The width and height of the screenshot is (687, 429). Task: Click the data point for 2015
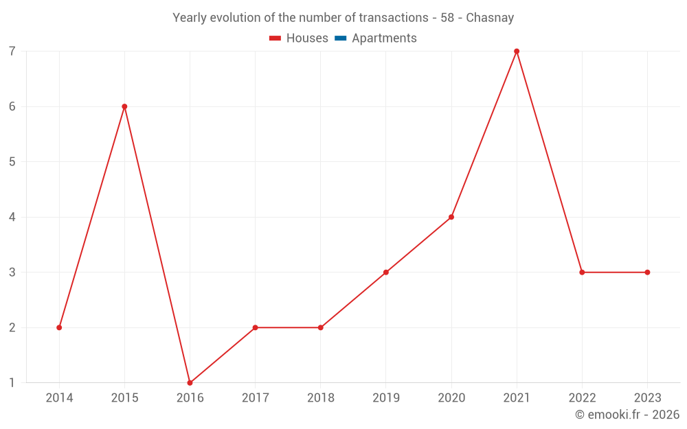pyautogui.click(x=124, y=106)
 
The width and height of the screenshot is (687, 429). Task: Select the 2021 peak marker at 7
pyautogui.click(x=517, y=51)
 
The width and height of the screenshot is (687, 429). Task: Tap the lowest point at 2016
pyautogui.click(x=190, y=383)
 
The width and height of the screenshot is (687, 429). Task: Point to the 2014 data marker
pyautogui.click(x=59, y=327)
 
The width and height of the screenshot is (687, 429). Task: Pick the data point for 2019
pyautogui.click(x=386, y=273)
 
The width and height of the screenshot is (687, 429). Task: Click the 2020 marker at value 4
pyautogui.click(x=451, y=217)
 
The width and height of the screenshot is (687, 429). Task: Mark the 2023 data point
pyautogui.click(x=647, y=273)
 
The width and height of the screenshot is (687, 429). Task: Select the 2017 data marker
pyautogui.click(x=255, y=327)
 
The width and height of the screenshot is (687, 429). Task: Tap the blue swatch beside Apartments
pyautogui.click(x=341, y=38)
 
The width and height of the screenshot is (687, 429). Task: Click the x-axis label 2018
pyautogui.click(x=320, y=398)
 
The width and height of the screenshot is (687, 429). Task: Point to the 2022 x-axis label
pyautogui.click(x=582, y=398)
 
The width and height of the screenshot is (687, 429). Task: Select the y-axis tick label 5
pyautogui.click(x=12, y=162)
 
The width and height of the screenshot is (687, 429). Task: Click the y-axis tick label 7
pyautogui.click(x=12, y=51)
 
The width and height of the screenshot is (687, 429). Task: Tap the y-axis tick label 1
pyautogui.click(x=12, y=383)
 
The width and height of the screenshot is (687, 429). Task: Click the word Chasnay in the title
pyautogui.click(x=490, y=18)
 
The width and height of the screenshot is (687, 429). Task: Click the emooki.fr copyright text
pyautogui.click(x=627, y=415)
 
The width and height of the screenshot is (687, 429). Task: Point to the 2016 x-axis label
pyautogui.click(x=190, y=398)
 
